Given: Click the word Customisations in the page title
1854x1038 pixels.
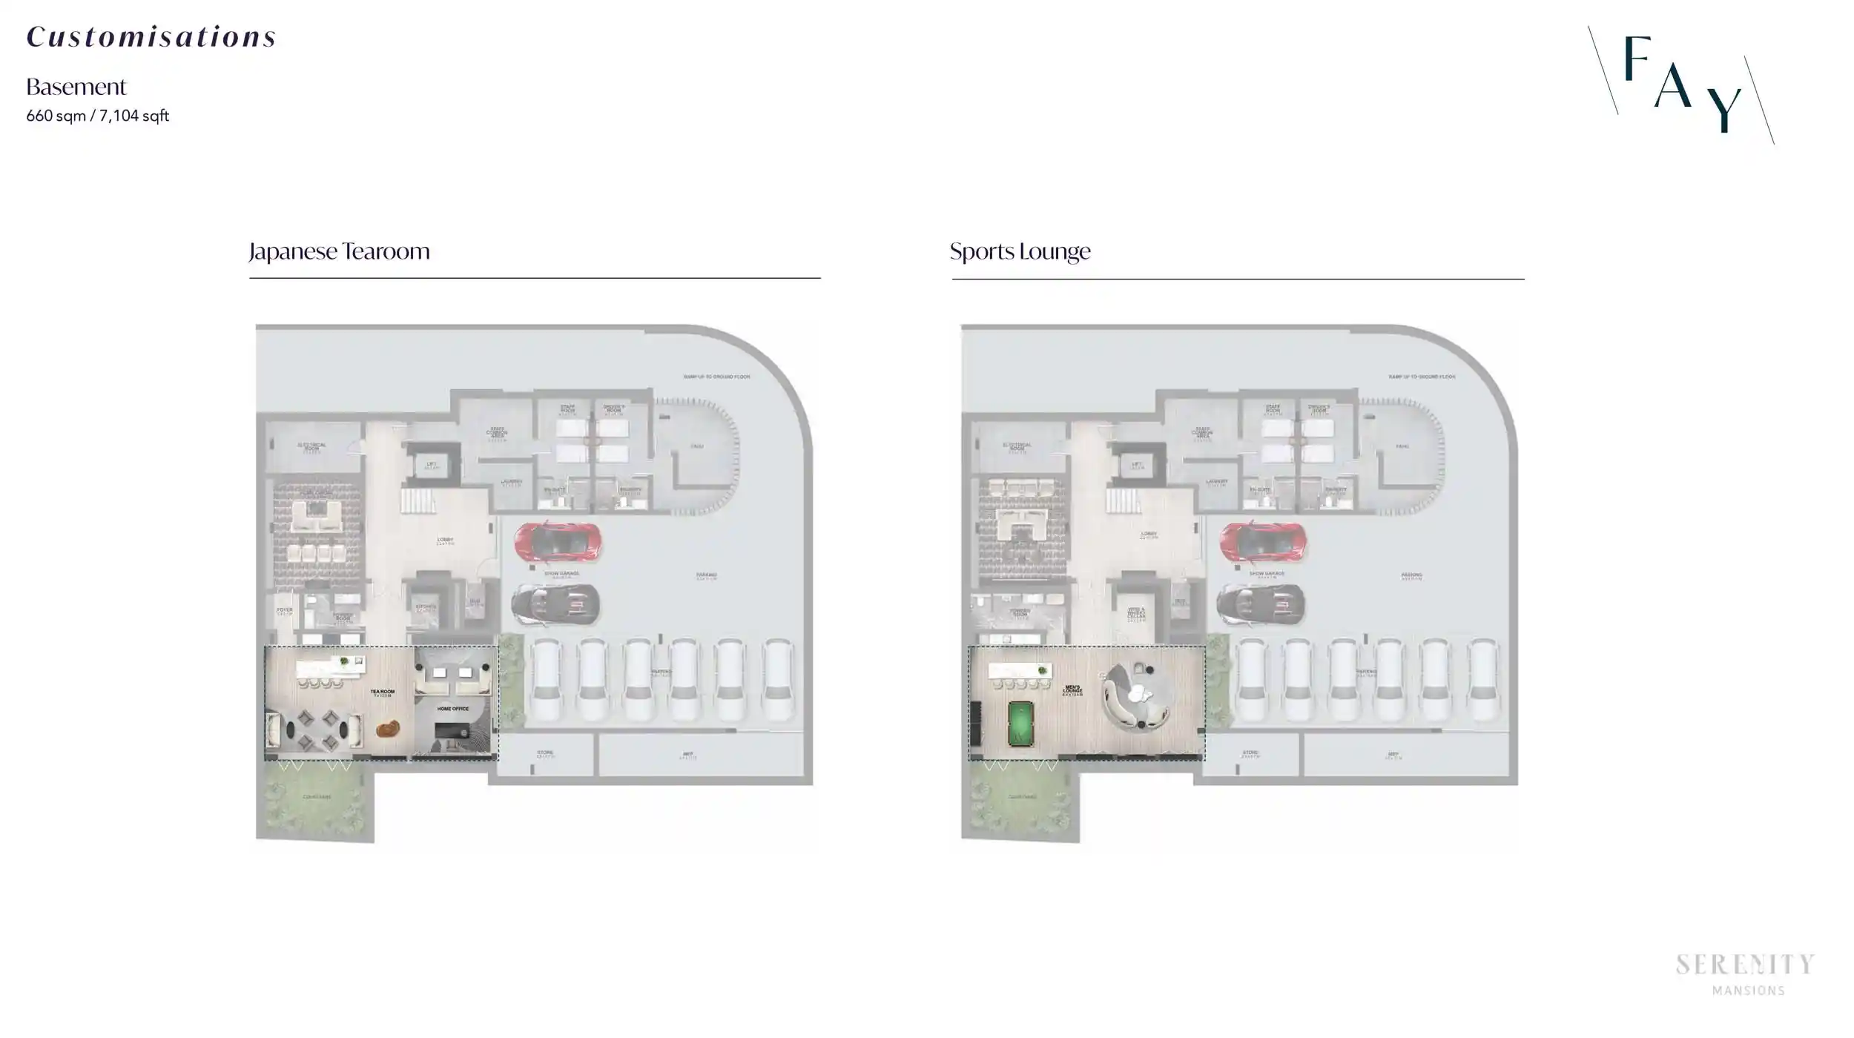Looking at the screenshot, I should pos(151,37).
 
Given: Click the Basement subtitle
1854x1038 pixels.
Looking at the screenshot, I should pos(76,87).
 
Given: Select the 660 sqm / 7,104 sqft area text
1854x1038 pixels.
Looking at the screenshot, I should pos(97,116).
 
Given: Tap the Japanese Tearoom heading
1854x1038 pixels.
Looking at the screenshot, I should pos(339,251).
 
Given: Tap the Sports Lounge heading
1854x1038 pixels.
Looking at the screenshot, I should pos(1020,251).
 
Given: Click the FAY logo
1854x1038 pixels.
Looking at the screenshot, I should pos(1680,84).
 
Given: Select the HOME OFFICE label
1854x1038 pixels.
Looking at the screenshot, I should pos(452,709).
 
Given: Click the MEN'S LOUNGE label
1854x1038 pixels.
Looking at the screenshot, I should pos(1072,690).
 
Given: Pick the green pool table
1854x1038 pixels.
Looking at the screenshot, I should pos(1020,723).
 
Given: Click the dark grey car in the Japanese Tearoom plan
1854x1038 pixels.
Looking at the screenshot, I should pos(555,604).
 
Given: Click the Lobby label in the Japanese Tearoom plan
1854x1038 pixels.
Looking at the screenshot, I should pos(445,541).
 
